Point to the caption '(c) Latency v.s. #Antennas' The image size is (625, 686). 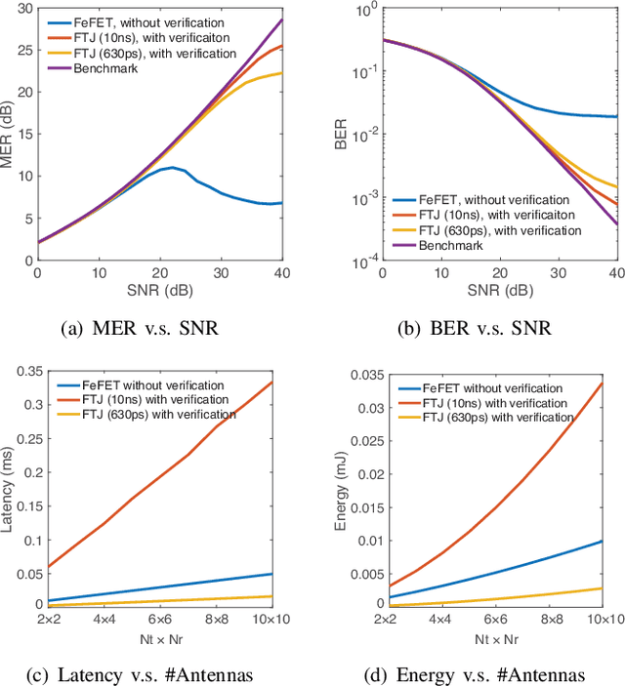(155, 676)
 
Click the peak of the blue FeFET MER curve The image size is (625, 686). (172, 168)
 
